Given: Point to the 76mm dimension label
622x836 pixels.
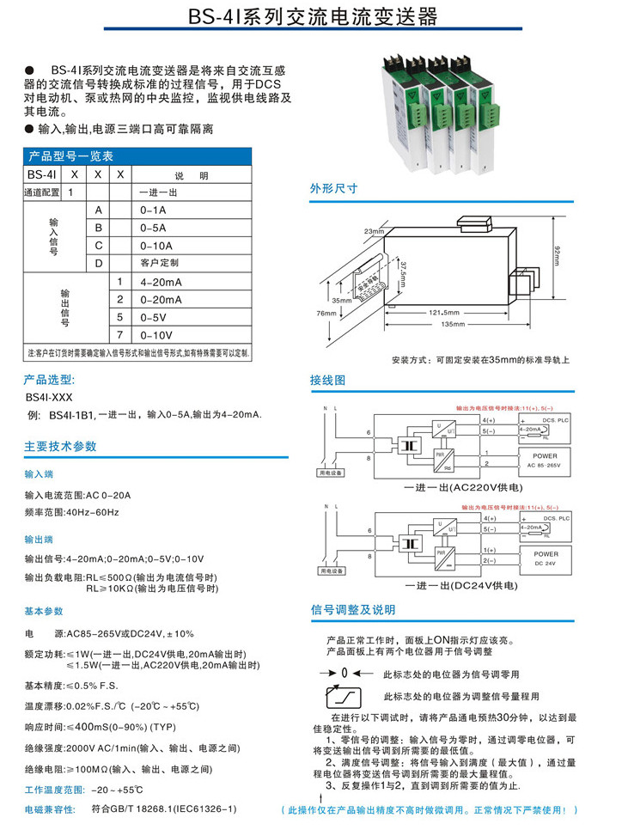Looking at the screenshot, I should point(326,313).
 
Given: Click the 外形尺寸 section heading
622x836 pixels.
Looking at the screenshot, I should point(333,188).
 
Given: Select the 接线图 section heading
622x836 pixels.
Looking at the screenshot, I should point(327,379).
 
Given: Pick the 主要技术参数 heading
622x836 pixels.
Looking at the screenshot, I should point(60,446).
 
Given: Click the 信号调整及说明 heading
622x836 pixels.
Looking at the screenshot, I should point(353,610).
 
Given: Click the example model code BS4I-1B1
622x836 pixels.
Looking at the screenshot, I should point(71,415).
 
